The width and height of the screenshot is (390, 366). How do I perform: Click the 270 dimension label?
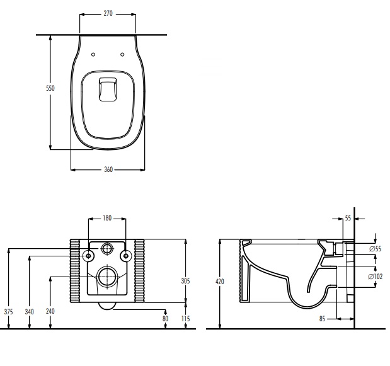[x=108, y=13]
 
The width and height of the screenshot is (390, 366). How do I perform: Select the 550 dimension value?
[x=50, y=88]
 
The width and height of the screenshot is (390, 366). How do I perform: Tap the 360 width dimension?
[x=108, y=169]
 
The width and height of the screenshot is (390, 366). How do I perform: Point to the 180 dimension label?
[x=107, y=218]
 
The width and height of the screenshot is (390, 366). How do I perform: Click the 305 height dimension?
[x=185, y=281]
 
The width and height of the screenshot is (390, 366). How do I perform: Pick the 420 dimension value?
[x=220, y=282]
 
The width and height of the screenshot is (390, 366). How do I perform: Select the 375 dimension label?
[x=8, y=312]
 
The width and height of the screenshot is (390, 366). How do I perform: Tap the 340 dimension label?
[x=29, y=312]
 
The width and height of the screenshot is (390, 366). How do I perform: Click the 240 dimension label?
[x=50, y=311]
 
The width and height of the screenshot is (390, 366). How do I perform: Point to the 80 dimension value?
[x=166, y=319]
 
